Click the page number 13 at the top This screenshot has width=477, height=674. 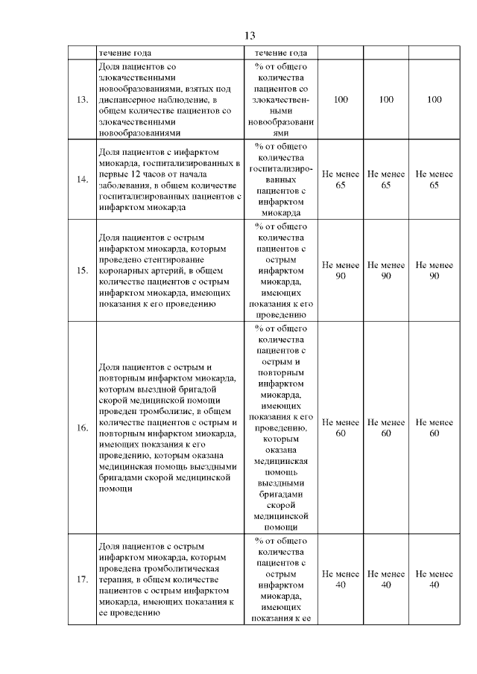click(250, 36)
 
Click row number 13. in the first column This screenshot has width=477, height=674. click(83, 99)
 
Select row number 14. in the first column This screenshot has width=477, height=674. click(83, 179)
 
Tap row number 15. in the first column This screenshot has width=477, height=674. click(83, 270)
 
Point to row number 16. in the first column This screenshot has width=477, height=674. click(83, 428)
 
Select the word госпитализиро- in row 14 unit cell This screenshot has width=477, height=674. click(281, 168)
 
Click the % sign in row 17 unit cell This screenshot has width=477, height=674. click(258, 541)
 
